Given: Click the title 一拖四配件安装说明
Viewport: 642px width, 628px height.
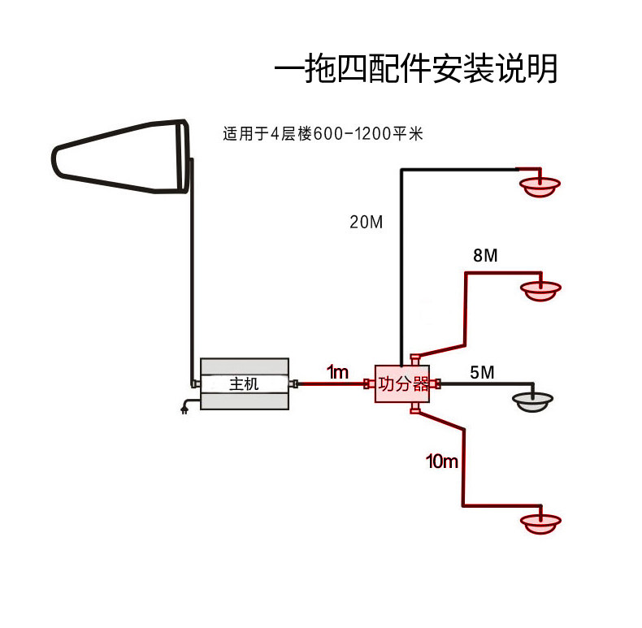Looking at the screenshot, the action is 415,68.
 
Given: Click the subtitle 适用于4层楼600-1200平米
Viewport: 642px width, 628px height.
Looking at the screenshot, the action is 323,134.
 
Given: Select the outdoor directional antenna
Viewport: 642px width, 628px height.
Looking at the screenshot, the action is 121,156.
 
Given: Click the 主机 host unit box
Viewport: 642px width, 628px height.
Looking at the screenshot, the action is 245,383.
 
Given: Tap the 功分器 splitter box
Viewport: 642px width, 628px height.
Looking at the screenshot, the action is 402,383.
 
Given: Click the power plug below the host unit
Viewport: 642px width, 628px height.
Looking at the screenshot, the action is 184,408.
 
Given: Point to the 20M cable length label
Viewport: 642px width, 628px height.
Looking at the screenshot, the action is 366,222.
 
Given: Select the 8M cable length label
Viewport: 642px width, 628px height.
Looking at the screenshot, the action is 485,255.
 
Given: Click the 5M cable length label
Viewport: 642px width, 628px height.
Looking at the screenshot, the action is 482,373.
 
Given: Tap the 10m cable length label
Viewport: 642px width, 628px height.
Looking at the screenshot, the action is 442,461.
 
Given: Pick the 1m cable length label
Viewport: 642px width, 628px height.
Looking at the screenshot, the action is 337,372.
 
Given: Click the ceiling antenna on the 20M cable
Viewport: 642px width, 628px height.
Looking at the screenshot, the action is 540,187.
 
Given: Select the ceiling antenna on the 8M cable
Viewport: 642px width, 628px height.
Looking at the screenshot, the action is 540,291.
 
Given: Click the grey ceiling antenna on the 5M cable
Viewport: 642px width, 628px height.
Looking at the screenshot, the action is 532,402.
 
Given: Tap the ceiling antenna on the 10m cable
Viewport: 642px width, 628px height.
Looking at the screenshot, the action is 540,524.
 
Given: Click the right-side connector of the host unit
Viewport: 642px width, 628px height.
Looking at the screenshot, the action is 293,383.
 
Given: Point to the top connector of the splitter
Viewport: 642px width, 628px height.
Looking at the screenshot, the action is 415,360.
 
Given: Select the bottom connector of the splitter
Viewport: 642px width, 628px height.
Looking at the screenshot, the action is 415,408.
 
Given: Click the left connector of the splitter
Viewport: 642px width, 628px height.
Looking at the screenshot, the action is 369,384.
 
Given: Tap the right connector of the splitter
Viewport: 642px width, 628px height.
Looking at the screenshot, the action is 436,384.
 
